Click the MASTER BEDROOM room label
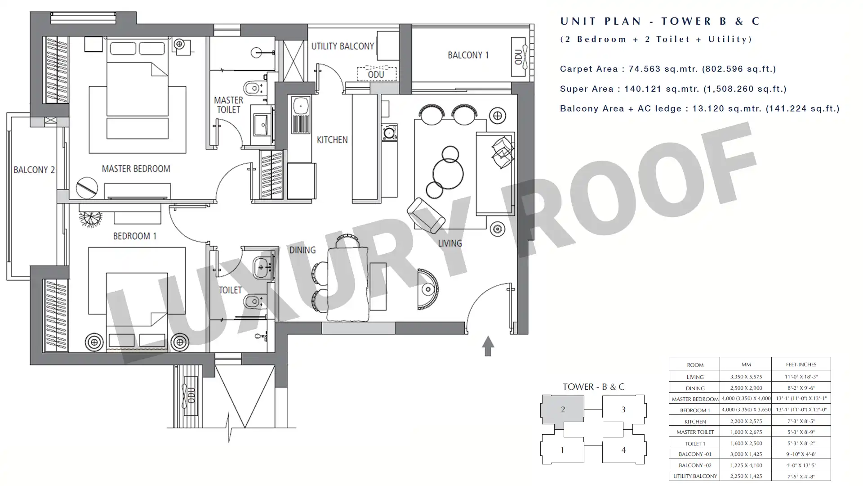tap(136, 169)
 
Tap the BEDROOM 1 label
tap(134, 236)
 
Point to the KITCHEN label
tap(332, 140)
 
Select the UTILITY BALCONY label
tap(343, 46)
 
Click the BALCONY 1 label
tap(468, 55)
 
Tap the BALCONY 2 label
tap(34, 170)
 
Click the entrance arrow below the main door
tap(488, 346)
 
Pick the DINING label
tap(302, 250)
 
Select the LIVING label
tap(450, 243)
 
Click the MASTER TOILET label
tap(228, 105)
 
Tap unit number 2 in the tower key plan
tap(563, 409)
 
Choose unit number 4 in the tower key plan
tap(623, 450)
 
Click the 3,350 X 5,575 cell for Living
tap(746, 377)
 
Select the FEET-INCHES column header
tap(801, 364)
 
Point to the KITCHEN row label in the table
tap(695, 422)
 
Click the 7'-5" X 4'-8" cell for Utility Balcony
tap(801, 476)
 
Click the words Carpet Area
tap(588, 69)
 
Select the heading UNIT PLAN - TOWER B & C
tap(660, 21)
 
